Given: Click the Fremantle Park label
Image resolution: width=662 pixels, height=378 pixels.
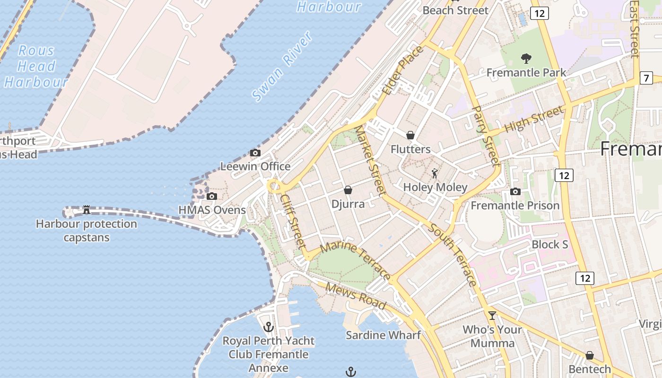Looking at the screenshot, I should (526, 73).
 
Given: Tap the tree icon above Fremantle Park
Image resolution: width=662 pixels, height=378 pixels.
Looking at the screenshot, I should (526, 59).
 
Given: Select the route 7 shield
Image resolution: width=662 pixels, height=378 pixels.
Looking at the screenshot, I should (646, 78).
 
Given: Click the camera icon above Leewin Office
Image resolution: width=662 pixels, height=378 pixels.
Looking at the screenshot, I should (255, 153).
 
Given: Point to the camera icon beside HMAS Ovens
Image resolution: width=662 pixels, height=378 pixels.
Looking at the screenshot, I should (212, 196).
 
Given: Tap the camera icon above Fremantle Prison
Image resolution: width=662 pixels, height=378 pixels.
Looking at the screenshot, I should (515, 191).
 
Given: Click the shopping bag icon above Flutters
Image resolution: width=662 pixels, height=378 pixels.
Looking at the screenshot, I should (410, 135).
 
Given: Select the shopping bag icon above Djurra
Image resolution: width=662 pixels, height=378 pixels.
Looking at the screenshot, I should (348, 190).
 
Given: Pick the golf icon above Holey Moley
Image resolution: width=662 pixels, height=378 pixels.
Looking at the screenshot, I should (435, 173).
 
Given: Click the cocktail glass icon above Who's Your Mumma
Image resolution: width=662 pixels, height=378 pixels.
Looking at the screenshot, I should (492, 315).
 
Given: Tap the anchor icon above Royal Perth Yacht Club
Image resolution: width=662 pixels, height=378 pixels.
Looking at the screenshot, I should (269, 326).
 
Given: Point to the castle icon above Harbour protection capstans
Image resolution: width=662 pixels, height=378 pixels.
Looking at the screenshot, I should (87, 209).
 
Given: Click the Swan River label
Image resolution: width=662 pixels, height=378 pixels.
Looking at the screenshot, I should (282, 67).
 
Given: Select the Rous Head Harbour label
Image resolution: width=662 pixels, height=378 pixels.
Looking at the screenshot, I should (36, 66).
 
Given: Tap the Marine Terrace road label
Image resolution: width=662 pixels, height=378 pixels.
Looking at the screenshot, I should (356, 262).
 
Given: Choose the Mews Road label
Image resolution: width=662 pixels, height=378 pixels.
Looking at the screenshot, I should (356, 296).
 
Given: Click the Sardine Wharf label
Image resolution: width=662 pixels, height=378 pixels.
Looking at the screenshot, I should (383, 335).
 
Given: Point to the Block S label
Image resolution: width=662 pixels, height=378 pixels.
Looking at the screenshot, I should (549, 245).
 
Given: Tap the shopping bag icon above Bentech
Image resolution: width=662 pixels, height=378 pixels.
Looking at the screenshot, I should (590, 355).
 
